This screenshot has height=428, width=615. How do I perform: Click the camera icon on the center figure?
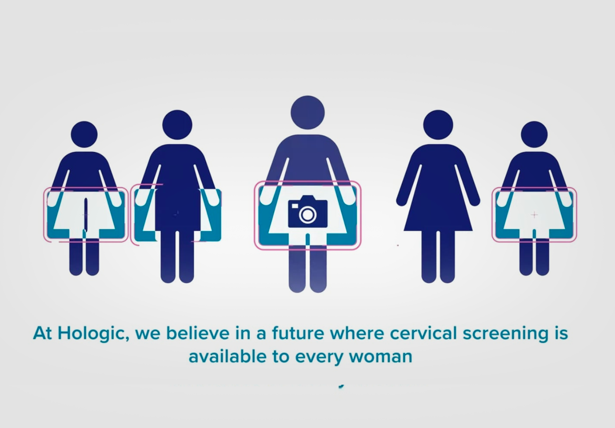point(307,212)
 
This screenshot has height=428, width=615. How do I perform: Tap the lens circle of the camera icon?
point(307,214)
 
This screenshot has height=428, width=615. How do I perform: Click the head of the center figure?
point(307,113)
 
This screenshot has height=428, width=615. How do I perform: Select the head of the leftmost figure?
point(84,134)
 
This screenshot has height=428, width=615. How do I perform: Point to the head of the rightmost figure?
point(534,134)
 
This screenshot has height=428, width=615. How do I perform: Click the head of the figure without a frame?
point(438,125)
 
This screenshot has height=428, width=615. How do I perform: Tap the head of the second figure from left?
point(177,125)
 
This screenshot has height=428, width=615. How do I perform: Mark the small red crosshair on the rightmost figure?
point(534,215)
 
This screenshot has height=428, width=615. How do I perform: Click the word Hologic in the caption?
point(93,334)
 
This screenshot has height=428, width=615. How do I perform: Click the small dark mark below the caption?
point(341,387)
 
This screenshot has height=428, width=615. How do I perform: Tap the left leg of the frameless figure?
point(428,256)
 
